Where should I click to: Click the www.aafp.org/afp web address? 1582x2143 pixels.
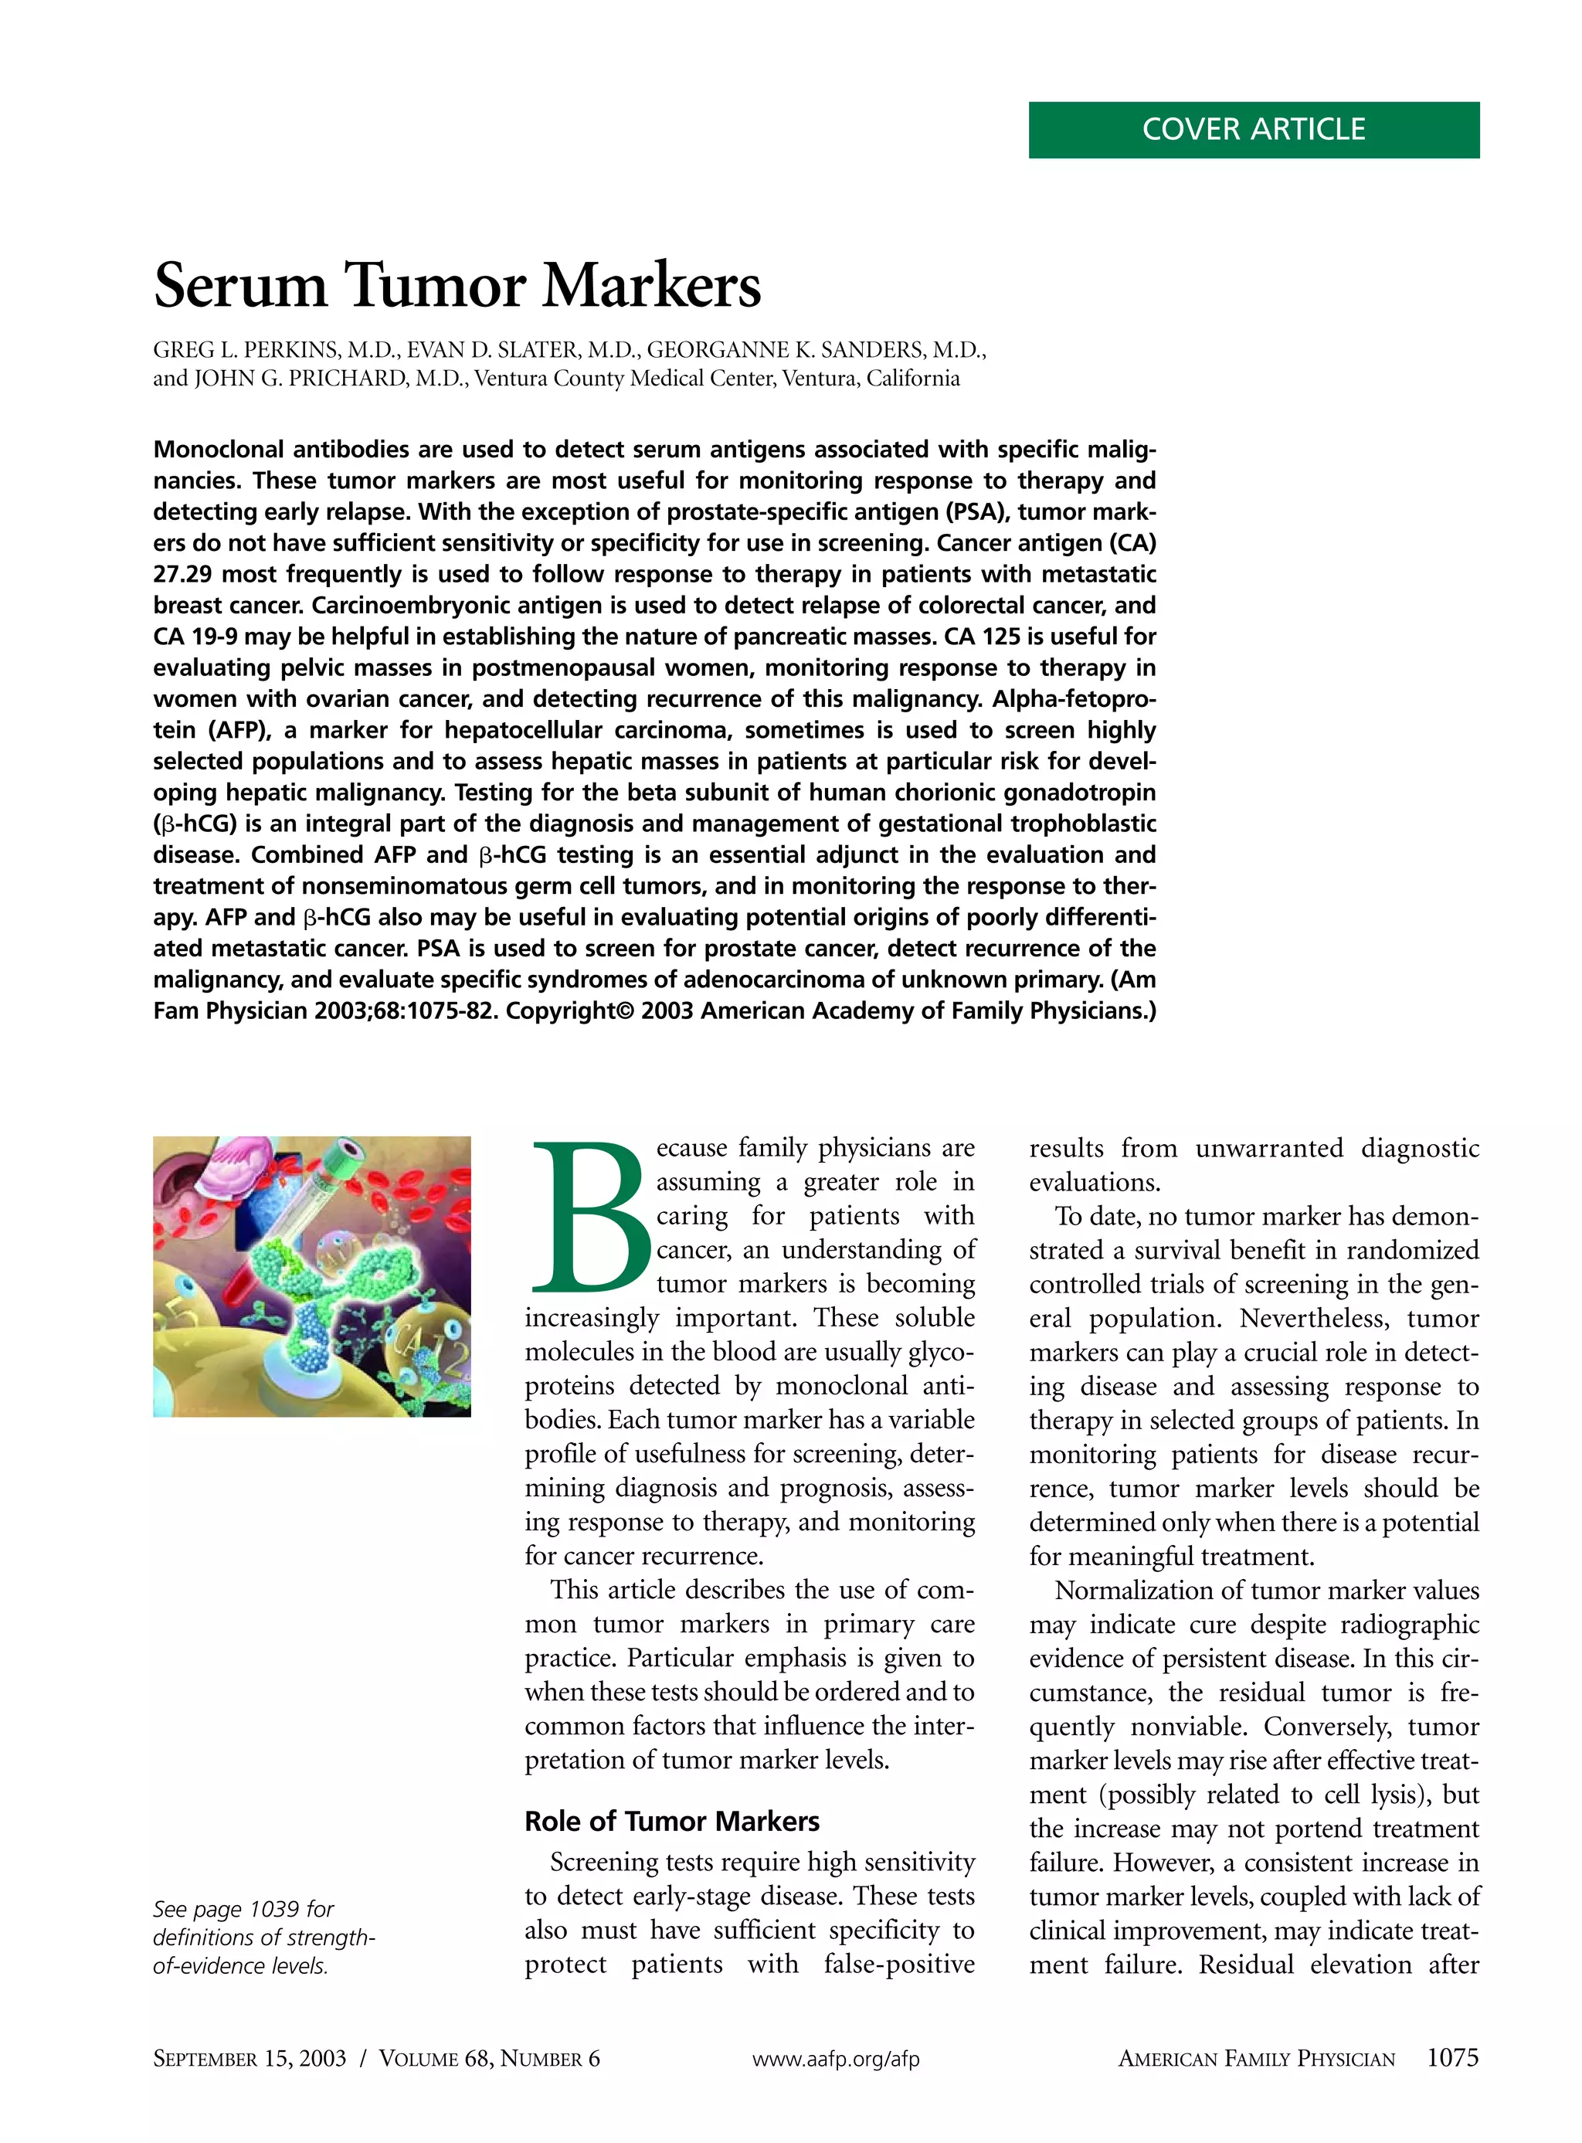pos(835,2059)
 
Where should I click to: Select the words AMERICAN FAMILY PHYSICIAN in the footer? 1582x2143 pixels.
pos(1255,2059)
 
